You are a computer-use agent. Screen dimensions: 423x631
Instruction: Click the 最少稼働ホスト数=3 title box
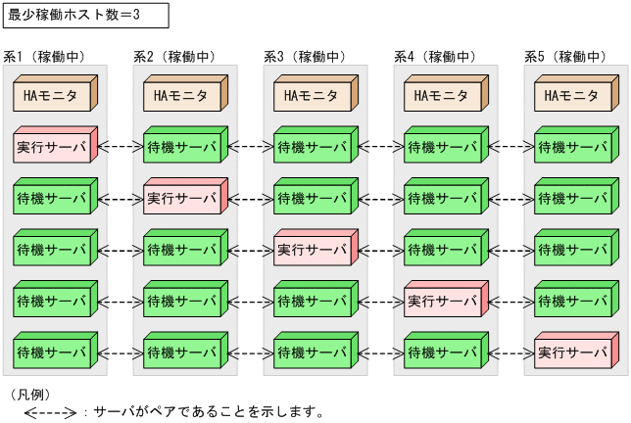pos(84,16)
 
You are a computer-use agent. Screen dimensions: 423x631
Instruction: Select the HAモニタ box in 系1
pos(53,96)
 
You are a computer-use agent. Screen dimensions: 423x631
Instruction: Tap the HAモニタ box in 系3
pos(313,96)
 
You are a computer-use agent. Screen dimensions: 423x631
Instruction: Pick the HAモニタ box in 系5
pos(572,96)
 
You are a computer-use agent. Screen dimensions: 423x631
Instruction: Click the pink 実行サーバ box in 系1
pos(53,147)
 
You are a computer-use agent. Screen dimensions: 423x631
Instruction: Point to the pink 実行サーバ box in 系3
pos(313,249)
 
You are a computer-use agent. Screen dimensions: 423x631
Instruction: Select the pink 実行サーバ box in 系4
pos(443,300)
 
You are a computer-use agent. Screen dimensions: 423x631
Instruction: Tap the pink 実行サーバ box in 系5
pos(572,351)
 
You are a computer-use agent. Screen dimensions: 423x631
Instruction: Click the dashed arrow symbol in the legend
pos(49,412)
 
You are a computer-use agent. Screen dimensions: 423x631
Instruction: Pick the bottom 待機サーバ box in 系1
pos(53,351)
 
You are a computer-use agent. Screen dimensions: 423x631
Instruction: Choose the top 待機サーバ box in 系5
pos(572,147)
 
